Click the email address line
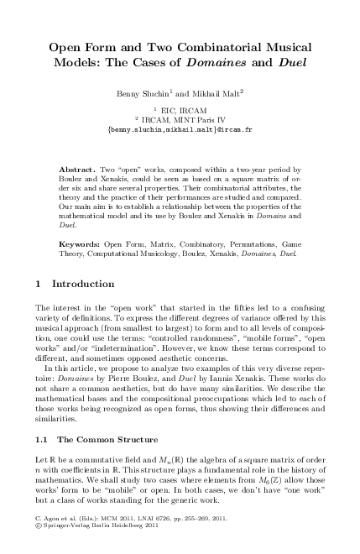pos(180,132)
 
